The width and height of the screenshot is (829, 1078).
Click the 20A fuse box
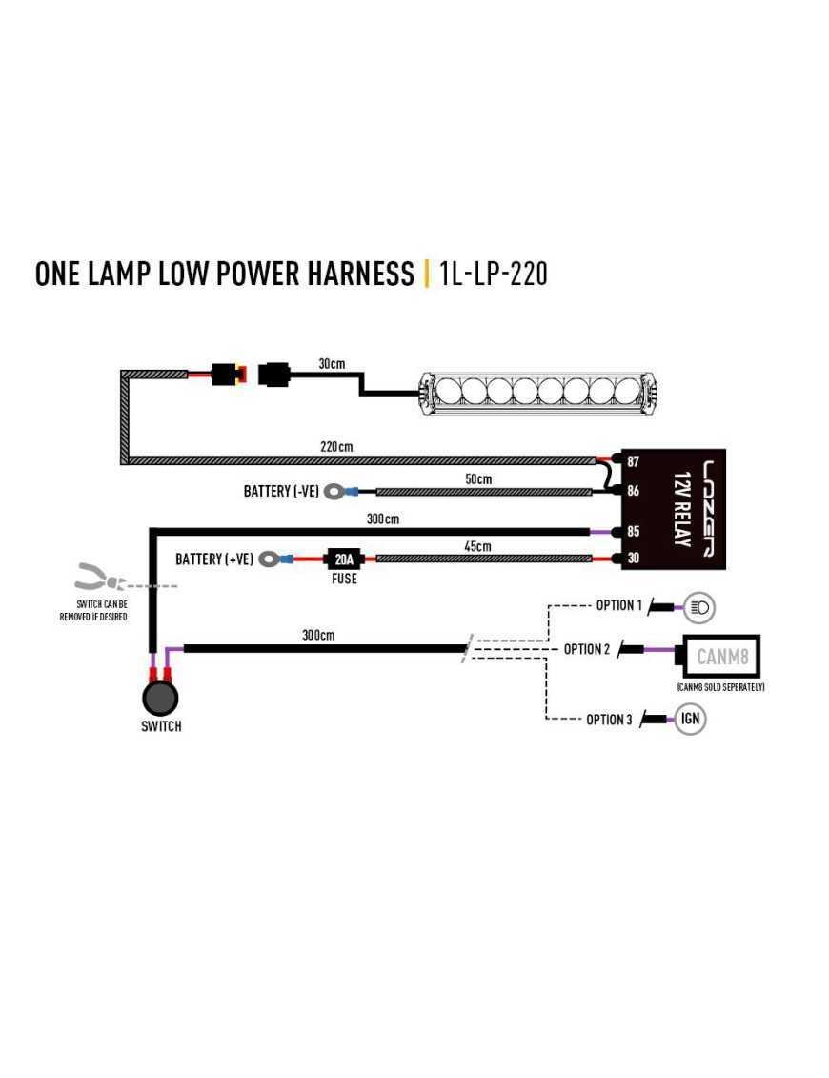(x=344, y=559)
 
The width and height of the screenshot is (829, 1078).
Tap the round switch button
(x=160, y=697)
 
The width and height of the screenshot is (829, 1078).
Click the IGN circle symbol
(x=691, y=719)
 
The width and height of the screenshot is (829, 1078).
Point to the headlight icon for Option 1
(x=700, y=606)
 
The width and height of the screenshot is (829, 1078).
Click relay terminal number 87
(x=633, y=461)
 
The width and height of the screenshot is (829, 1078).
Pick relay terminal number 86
(x=633, y=492)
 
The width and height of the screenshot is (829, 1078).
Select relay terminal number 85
(x=633, y=532)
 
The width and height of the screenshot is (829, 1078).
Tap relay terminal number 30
(x=633, y=559)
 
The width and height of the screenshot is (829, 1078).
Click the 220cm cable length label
(x=338, y=447)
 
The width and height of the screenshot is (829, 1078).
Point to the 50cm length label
(x=478, y=478)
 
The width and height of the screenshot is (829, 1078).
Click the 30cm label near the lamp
(x=332, y=365)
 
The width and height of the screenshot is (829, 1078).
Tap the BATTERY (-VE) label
(x=281, y=492)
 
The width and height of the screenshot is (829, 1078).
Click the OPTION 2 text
(x=587, y=649)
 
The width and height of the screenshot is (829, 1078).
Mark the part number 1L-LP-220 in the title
(x=494, y=274)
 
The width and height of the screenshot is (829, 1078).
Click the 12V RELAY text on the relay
(x=680, y=509)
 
